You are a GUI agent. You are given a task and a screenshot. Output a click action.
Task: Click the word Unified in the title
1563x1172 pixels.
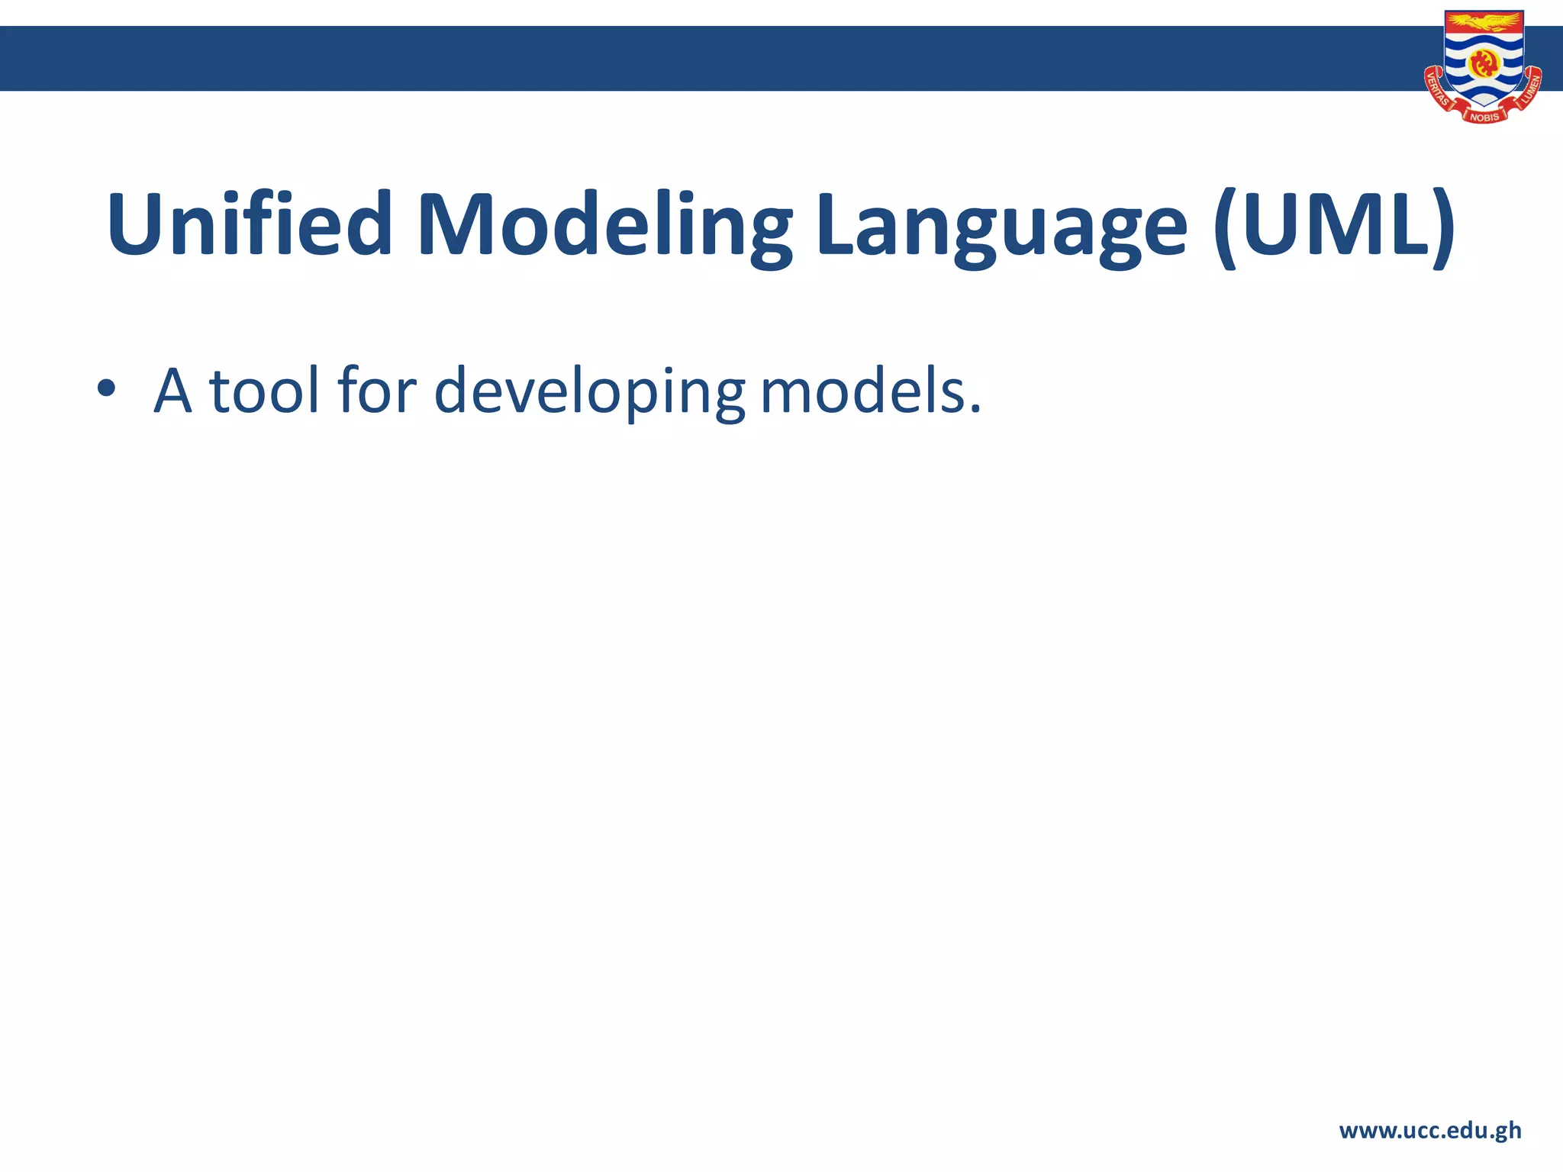click(250, 225)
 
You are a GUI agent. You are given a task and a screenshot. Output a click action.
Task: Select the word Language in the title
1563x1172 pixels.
click(1001, 229)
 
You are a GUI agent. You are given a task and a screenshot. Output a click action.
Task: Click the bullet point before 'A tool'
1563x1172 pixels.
click(106, 390)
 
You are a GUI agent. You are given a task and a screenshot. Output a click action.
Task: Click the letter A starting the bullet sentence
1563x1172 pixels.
click(172, 391)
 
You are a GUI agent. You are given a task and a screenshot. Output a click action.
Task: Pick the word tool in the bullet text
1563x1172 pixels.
click(264, 391)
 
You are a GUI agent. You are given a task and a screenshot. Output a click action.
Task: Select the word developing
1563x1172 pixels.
click(588, 393)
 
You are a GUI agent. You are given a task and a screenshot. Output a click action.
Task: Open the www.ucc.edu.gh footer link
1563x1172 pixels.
click(1429, 1130)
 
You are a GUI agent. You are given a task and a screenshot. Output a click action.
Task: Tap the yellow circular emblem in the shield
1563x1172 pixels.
click(1484, 64)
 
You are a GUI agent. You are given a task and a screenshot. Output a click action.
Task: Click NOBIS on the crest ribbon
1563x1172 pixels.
click(1484, 117)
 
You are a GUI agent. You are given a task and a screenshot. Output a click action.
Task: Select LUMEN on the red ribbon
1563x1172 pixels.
click(1529, 90)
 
